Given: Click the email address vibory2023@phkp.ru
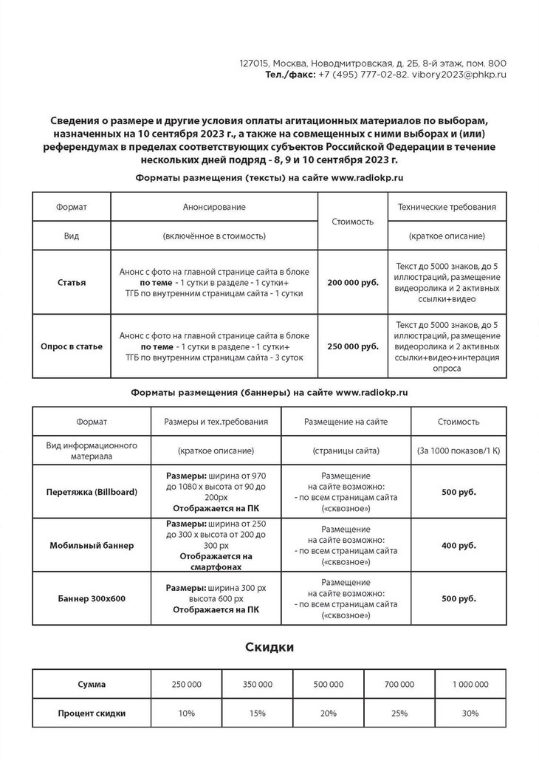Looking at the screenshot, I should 459,75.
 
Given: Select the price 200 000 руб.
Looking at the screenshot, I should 353,282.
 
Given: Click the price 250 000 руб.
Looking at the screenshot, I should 353,346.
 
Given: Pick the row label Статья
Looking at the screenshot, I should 72,282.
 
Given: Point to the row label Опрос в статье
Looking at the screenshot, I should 72,346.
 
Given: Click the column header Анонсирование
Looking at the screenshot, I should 214,208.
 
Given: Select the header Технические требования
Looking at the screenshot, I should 447,208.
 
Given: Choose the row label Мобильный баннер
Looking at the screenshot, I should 92,545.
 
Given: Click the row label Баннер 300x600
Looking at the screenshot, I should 92,598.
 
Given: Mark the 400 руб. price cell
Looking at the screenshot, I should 459,545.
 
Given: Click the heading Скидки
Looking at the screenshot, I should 269,648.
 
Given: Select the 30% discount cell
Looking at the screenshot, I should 470,713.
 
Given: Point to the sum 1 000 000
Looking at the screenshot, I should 470,685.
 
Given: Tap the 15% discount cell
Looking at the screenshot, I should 257,713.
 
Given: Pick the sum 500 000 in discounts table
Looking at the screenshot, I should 328,685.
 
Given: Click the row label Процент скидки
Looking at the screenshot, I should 92,713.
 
